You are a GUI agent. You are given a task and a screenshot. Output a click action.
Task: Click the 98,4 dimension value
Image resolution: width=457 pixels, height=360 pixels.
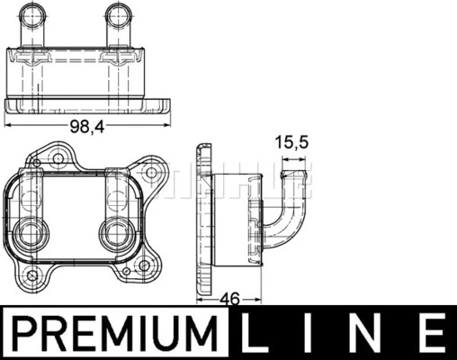click(87, 128)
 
